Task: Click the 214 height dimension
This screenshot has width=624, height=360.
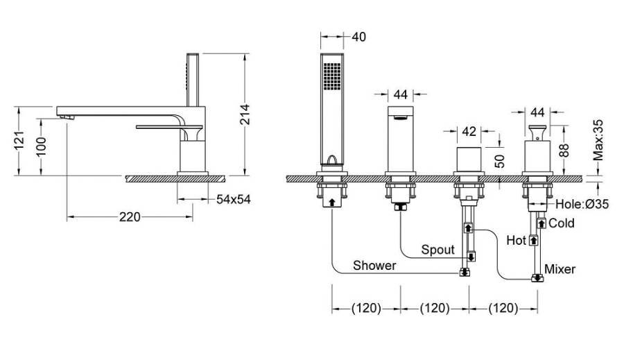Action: point(245,114)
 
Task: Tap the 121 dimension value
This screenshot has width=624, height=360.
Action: point(19,141)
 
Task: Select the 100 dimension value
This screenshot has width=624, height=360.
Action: point(41,146)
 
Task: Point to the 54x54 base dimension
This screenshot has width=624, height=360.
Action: point(234,199)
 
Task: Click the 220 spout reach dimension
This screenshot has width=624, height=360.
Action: point(130,217)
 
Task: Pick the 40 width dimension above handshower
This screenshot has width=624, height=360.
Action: point(358,37)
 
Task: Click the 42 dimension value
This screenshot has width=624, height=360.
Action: point(469,131)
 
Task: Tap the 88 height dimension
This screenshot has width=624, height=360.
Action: point(564,150)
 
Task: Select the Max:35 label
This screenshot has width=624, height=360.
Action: point(598,140)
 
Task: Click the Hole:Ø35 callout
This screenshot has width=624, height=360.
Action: point(582,205)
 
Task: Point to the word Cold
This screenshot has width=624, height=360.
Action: point(562,223)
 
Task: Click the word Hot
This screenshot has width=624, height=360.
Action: point(516,240)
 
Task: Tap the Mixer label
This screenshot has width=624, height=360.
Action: point(560,269)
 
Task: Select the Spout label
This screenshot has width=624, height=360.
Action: point(437,250)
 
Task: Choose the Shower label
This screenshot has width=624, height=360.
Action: point(374,265)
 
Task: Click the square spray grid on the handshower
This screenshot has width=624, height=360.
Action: point(332,76)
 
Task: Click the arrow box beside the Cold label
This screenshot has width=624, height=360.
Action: point(541,223)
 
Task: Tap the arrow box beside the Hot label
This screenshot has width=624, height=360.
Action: point(533,241)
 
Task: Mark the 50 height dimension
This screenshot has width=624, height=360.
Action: point(501,161)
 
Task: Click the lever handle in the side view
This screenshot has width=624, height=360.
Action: point(169,127)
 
